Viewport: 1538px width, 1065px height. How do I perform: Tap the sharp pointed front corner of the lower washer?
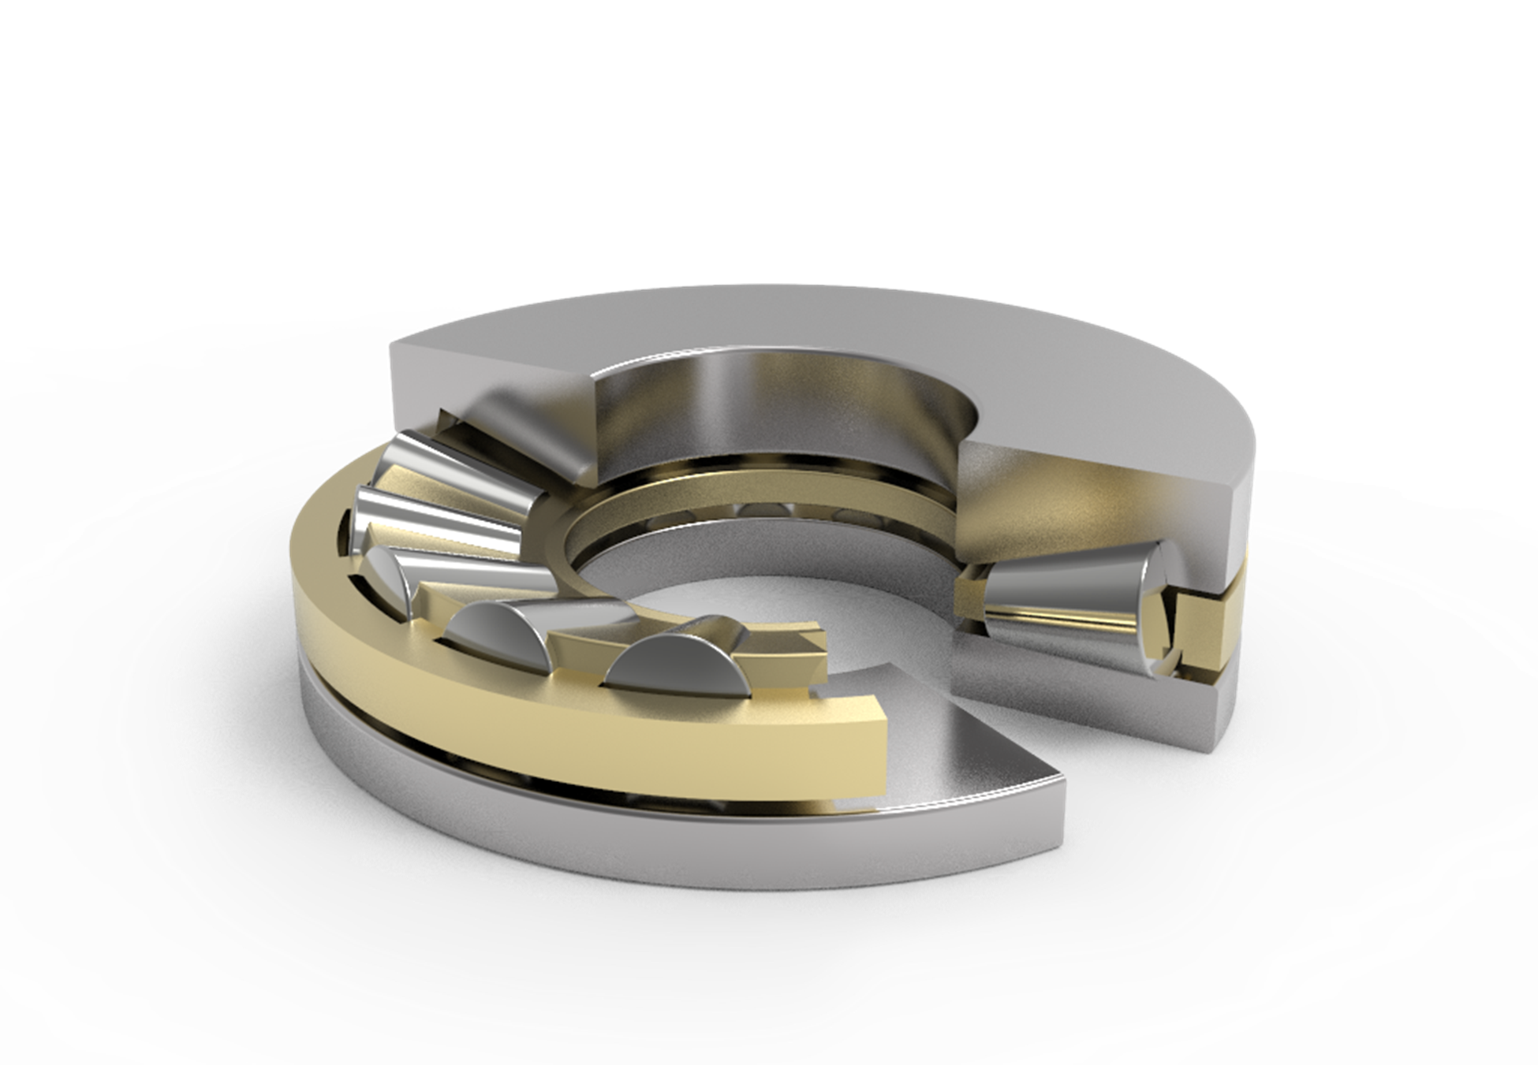pos(1057,780)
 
